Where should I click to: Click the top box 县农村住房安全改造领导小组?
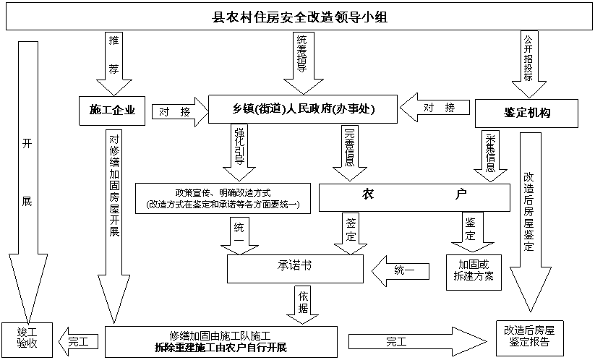299,17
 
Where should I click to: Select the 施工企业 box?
112,111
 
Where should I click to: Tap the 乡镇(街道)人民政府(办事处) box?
303,109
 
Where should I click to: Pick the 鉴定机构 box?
527,113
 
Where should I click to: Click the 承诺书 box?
295,269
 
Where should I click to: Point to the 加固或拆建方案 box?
474,273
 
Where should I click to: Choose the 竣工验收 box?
27,340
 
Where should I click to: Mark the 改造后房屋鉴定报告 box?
530,338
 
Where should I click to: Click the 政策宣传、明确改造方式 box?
223,198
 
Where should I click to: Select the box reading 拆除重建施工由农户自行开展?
221,342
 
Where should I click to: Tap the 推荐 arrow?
114,64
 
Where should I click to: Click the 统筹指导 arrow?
304,63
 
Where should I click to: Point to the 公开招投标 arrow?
528,64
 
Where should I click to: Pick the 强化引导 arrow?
239,153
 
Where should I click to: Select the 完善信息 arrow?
349,153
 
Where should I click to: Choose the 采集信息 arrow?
490,156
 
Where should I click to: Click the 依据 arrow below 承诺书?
302,305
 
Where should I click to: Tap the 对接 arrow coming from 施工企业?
180,112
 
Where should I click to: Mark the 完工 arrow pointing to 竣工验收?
78,341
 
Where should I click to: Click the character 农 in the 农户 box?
368,194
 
